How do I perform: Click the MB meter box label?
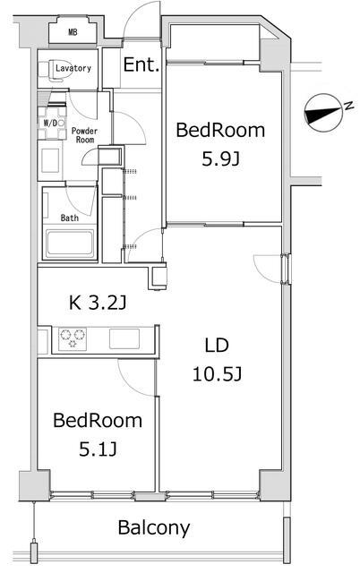(73, 32)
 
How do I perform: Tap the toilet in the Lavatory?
(46, 70)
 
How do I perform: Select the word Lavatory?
(73, 68)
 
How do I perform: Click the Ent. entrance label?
(141, 64)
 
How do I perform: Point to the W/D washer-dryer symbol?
(52, 123)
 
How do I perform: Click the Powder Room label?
(84, 135)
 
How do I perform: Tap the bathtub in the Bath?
(70, 243)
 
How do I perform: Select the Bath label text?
(70, 218)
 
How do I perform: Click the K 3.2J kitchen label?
(98, 303)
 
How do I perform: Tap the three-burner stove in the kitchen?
(73, 338)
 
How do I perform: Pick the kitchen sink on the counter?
(124, 338)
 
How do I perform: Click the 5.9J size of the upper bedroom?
(221, 159)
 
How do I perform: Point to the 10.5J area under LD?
(217, 374)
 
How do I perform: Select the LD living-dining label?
(217, 346)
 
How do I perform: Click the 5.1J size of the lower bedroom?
(98, 449)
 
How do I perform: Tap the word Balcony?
(154, 527)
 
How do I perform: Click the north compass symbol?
(323, 113)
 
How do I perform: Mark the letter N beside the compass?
(349, 106)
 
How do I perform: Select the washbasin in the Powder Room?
(50, 160)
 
